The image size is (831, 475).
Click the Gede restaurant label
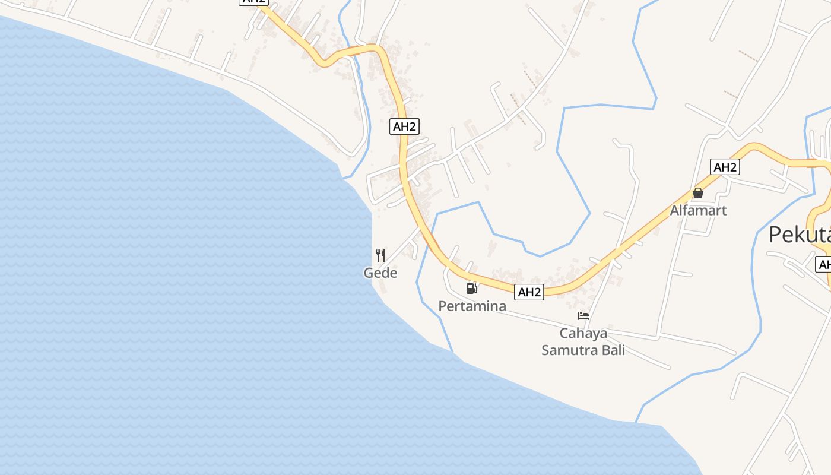(380, 273)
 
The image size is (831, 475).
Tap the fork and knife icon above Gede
(380, 255)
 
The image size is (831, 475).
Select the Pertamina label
(472, 306)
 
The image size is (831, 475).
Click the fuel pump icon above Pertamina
(472, 289)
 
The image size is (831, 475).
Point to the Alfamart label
(698, 210)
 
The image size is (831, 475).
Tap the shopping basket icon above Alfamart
(698, 193)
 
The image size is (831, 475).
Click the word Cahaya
(583, 333)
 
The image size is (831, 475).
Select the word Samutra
(568, 350)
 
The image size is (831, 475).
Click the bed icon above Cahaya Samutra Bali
(583, 316)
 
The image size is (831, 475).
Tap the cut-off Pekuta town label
(799, 235)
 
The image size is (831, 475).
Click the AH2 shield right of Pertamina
(529, 292)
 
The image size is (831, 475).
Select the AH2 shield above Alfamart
(725, 167)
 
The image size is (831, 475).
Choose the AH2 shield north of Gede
(405, 126)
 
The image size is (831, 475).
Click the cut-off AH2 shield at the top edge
(254, 2)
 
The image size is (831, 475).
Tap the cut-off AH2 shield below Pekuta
(823, 264)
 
